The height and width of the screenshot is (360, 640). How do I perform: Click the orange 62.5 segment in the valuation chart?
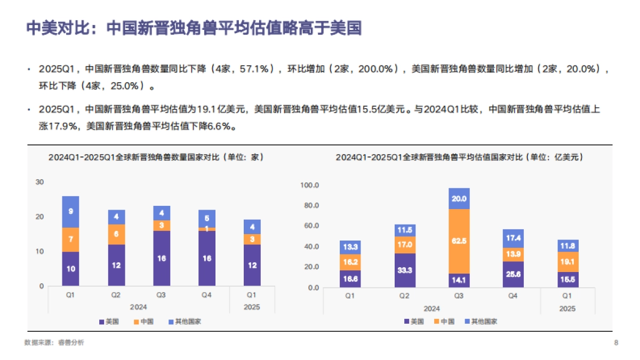pyautogui.click(x=459, y=241)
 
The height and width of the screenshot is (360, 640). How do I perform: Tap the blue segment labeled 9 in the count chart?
pyautogui.click(x=70, y=211)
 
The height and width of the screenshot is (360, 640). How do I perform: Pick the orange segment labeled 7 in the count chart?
pyautogui.click(x=70, y=239)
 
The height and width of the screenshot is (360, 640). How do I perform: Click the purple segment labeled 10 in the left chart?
pyautogui.click(x=70, y=268)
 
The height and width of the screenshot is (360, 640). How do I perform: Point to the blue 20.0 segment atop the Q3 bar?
pyautogui.click(x=459, y=198)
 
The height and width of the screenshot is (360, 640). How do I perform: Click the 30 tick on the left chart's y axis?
pyautogui.click(x=39, y=182)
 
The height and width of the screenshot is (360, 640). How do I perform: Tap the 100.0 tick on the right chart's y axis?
pyautogui.click(x=309, y=186)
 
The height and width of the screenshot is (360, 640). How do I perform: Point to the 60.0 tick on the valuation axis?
pyautogui.click(x=310, y=226)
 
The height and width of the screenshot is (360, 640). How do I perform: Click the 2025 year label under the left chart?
pyautogui.click(x=252, y=307)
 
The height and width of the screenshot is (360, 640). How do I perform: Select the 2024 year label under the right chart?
pyautogui.click(x=432, y=309)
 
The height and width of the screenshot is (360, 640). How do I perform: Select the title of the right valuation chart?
pyautogui.click(x=459, y=157)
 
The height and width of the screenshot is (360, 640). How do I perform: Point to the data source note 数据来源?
pyautogui.click(x=54, y=343)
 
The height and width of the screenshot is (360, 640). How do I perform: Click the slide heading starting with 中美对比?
pyautogui.click(x=194, y=28)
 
